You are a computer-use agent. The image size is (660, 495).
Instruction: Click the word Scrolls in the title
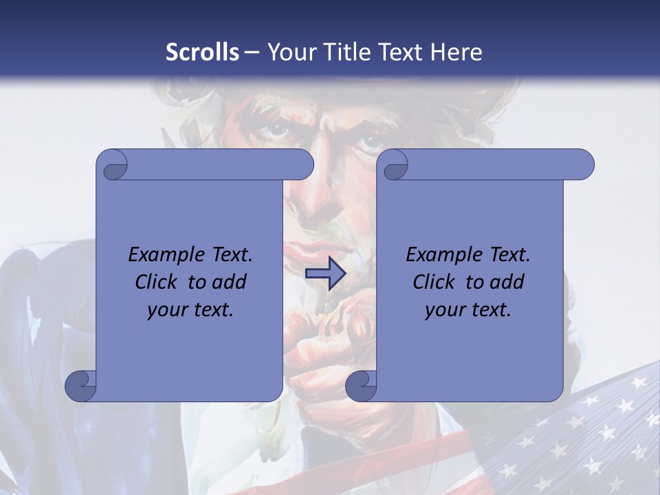pyautogui.click(x=203, y=52)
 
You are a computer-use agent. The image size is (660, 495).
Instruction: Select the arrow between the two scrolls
pyautogui.click(x=325, y=274)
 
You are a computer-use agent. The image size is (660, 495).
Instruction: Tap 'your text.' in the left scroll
pyautogui.click(x=190, y=310)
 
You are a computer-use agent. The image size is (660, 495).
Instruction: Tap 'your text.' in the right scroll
pyautogui.click(x=468, y=310)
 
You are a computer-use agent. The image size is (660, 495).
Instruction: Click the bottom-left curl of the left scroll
pyautogui.click(x=81, y=385)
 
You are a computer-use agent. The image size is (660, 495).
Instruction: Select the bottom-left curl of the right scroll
pyautogui.click(x=361, y=385)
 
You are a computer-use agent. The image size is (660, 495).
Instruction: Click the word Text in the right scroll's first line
pyautogui.click(x=509, y=255)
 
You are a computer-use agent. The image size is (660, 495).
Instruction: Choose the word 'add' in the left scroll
pyautogui.click(x=230, y=282)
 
